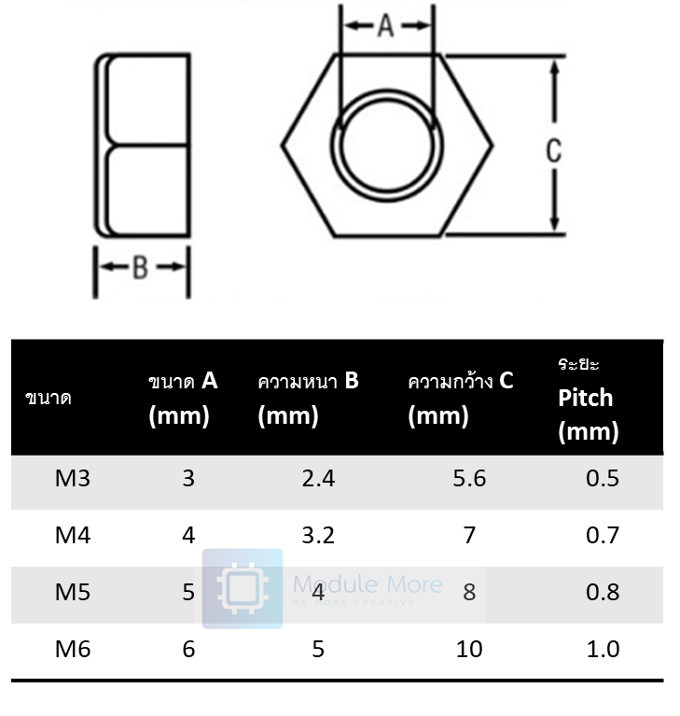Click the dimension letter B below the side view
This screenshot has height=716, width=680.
(x=140, y=268)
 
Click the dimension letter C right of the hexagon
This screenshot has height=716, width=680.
(x=554, y=150)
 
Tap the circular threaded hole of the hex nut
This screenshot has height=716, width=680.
(x=387, y=146)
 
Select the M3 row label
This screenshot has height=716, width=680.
(x=73, y=479)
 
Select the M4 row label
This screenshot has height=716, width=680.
(x=73, y=536)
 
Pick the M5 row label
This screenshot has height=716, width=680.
(x=73, y=592)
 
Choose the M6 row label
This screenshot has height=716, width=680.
(x=73, y=649)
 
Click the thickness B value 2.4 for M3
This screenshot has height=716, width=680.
(x=318, y=479)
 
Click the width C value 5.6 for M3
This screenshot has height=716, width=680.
(x=469, y=479)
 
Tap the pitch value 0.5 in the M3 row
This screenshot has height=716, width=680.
(x=603, y=479)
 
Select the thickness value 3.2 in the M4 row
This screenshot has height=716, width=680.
(x=318, y=536)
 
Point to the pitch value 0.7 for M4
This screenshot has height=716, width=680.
(x=603, y=536)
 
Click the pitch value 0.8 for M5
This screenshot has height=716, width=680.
(x=603, y=592)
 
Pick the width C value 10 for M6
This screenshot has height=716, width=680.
(x=469, y=649)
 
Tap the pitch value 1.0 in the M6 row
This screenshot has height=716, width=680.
(x=603, y=649)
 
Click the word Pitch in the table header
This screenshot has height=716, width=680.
(x=586, y=398)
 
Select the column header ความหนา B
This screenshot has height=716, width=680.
(x=308, y=381)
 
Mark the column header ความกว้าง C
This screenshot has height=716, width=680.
(x=461, y=381)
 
